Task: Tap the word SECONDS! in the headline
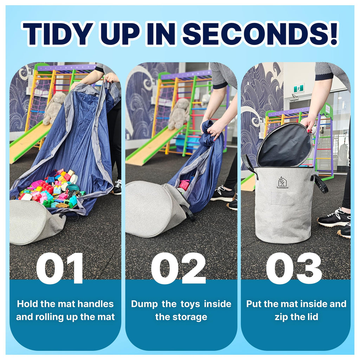[260, 33]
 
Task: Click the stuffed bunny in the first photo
[53, 108]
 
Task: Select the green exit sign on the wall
[299, 88]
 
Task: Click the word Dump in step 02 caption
[144, 304]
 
